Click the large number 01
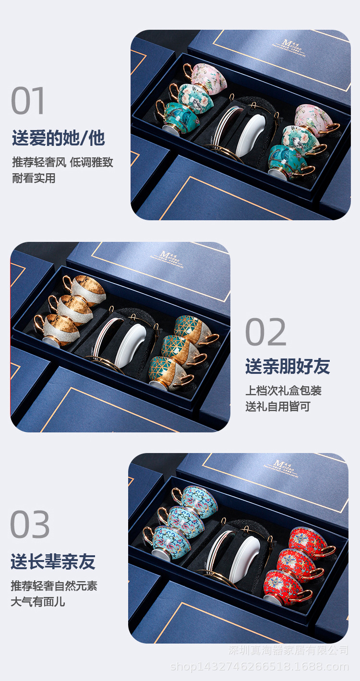tap(28, 101)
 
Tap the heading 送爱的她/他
tap(58, 138)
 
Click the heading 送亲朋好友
tap(288, 366)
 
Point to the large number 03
tap(30, 525)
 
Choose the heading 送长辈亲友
tap(53, 562)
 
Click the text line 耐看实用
tap(34, 178)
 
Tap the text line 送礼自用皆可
tap(278, 407)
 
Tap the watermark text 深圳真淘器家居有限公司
tap(288, 651)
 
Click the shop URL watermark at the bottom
tap(260, 667)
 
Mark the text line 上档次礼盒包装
tap(283, 390)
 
